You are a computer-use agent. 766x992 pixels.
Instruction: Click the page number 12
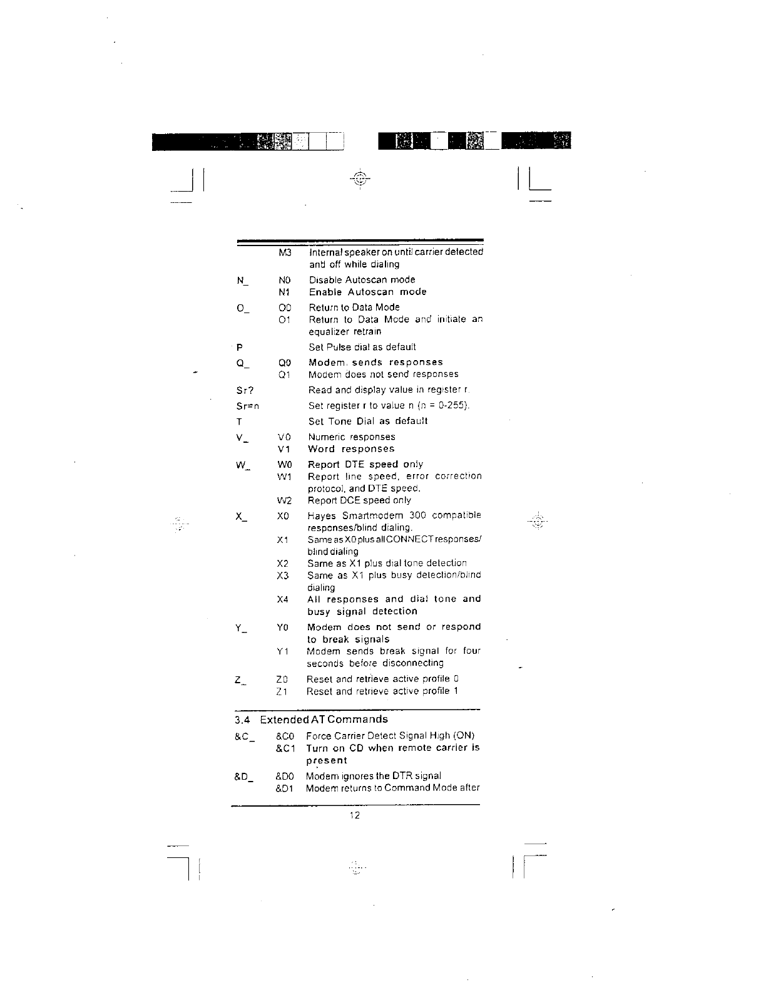[x=355, y=815]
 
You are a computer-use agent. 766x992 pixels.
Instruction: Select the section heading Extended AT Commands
[x=324, y=720]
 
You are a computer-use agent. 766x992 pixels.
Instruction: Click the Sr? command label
[x=244, y=390]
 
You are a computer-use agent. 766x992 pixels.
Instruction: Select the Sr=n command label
[x=247, y=406]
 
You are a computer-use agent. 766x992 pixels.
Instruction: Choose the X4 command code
[x=283, y=600]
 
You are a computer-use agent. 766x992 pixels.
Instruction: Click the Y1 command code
[x=283, y=652]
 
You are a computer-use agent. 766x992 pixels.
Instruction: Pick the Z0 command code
[x=282, y=679]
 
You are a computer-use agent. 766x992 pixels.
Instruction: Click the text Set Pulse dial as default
[x=362, y=348]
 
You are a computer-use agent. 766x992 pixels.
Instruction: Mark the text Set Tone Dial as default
[x=368, y=421]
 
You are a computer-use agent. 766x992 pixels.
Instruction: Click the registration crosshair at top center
[x=360, y=178]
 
